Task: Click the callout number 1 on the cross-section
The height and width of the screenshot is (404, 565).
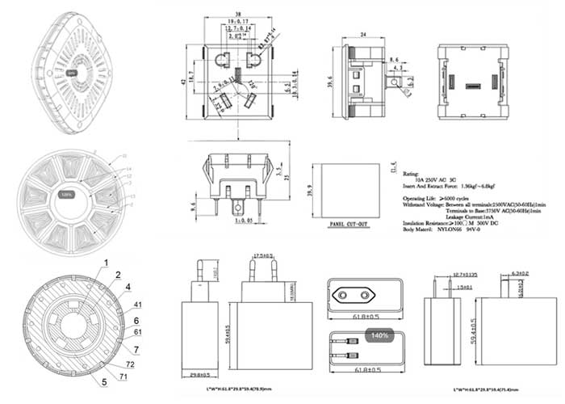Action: (103, 261)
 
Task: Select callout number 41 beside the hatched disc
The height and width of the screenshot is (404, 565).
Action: (137, 305)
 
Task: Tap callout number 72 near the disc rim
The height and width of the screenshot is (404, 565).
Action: (130, 365)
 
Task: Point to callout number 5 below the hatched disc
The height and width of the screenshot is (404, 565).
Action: (103, 381)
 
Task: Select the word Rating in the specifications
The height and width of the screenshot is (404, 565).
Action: (411, 173)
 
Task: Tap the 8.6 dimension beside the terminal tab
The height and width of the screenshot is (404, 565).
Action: (393, 59)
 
